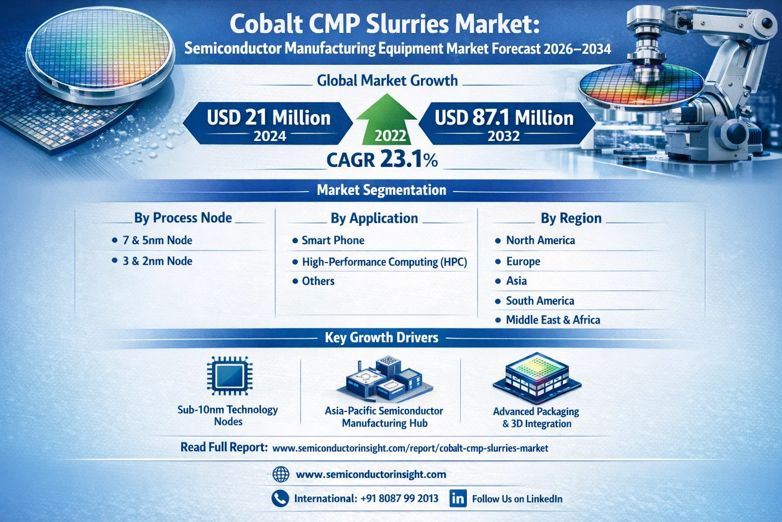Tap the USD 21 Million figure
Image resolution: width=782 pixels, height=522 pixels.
tap(269, 118)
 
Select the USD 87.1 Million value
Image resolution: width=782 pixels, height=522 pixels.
tap(504, 118)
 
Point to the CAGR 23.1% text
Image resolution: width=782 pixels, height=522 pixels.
tap(382, 160)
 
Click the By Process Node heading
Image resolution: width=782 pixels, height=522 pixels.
tap(183, 218)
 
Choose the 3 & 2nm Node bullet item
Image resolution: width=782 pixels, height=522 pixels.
tap(157, 261)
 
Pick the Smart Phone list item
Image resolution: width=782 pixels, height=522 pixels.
tap(332, 241)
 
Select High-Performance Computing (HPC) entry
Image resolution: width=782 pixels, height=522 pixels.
tap(384, 262)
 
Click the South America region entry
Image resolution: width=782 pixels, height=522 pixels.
tap(540, 301)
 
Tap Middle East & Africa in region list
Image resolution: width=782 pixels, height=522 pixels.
tap(552, 320)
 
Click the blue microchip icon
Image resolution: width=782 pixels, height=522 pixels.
tap(229, 376)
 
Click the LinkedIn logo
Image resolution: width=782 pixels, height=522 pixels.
tap(458, 499)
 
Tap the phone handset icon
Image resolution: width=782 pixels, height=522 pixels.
tap(280, 499)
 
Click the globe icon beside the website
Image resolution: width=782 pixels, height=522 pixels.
tap(281, 475)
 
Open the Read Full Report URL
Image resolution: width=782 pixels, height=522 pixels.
tap(410, 449)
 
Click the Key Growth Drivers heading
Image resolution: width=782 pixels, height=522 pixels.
tap(381, 337)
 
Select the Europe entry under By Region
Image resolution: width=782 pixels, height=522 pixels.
tap(523, 262)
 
